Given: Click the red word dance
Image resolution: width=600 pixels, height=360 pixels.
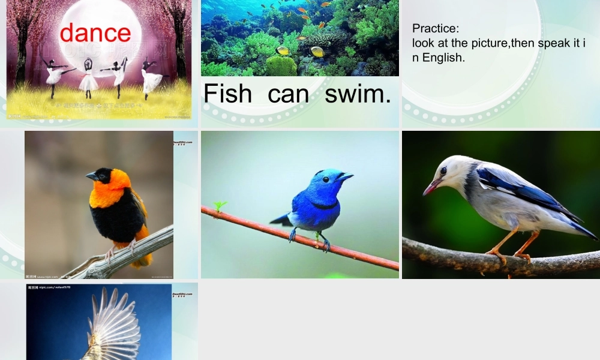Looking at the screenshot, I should coord(95,32).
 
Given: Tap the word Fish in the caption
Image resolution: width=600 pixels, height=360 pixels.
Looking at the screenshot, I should coord(227,94).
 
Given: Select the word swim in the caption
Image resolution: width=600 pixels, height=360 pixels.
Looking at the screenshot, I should coord(358,94).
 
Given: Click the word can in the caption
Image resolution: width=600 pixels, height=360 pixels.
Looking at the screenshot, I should coord(288,94).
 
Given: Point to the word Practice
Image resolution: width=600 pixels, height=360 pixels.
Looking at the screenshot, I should coord(436,28).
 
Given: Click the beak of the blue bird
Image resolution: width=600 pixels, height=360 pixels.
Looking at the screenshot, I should coord(346,177).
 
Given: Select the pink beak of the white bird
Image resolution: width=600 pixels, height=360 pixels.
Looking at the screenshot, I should coord(431,188).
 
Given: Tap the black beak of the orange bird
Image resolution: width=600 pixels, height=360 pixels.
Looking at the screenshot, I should coord(91,176).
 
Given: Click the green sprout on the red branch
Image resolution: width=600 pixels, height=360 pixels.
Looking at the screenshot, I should coord(220,206).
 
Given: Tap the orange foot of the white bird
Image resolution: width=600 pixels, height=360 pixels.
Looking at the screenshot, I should coord(497,254).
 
